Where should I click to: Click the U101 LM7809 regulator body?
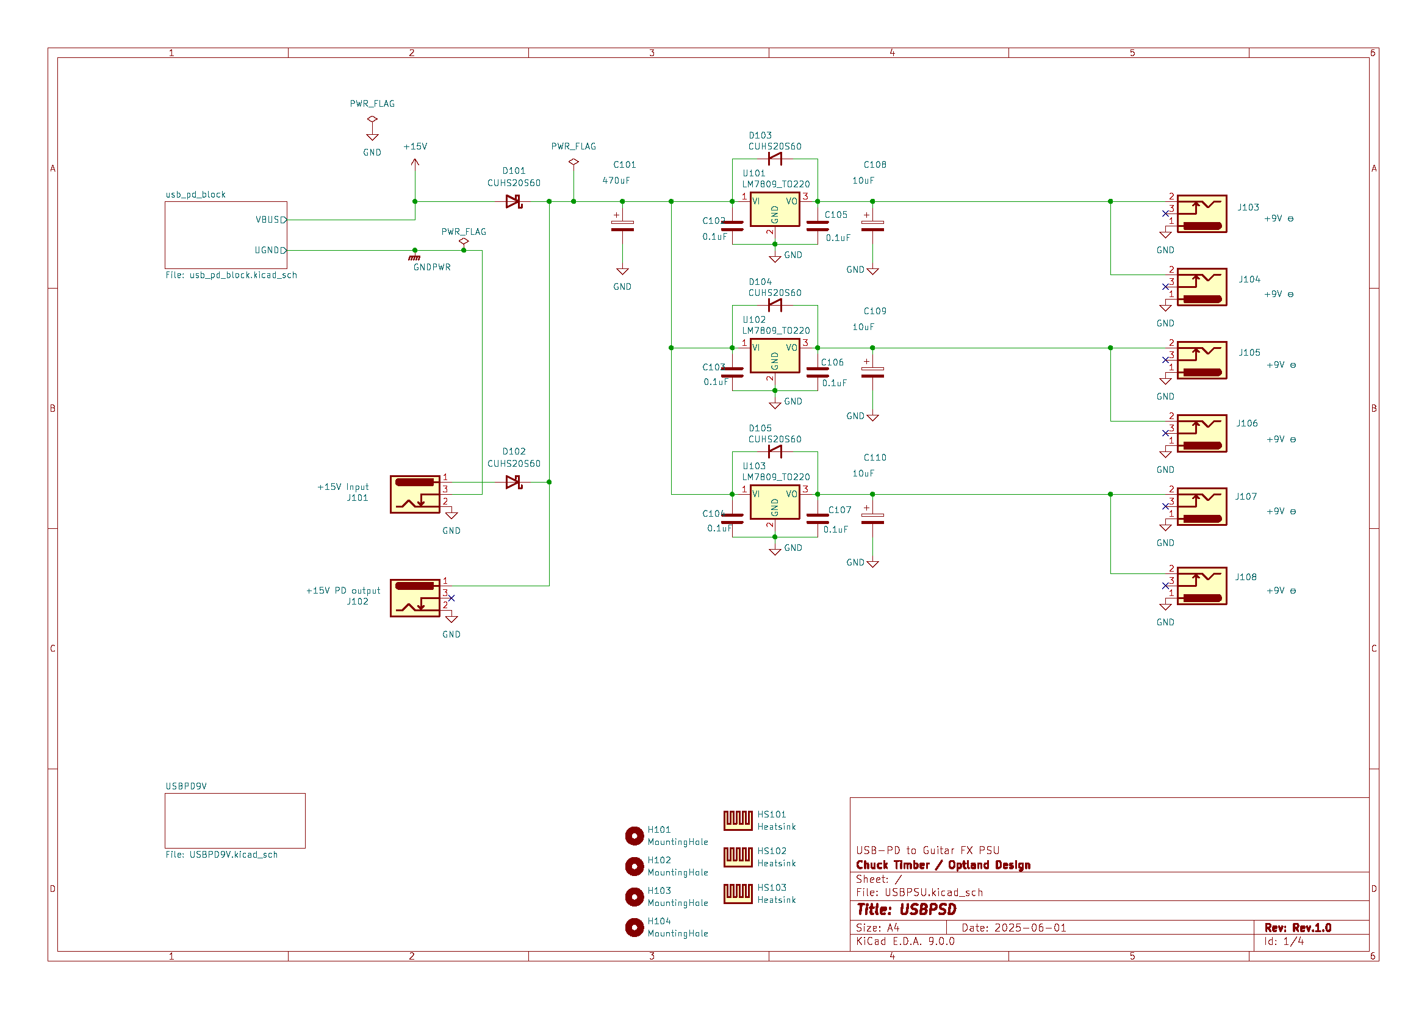coord(774,209)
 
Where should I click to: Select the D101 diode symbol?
coord(513,201)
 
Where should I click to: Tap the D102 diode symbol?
coord(513,482)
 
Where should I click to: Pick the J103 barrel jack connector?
coord(1201,214)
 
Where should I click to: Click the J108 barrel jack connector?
coord(1201,586)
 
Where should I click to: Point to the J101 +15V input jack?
coord(414,495)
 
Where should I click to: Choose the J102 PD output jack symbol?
coord(414,598)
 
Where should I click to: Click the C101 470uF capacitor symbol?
coord(622,226)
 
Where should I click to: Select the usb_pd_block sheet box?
coord(226,235)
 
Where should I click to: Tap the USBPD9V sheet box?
coord(235,820)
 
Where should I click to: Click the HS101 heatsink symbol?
coord(738,820)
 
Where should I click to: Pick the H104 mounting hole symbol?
coord(634,928)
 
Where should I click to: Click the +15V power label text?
coord(415,146)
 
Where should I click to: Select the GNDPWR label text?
coord(432,267)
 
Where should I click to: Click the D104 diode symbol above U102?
coord(774,305)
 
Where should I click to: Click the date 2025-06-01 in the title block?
coord(1029,928)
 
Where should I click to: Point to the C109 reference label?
coord(874,311)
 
